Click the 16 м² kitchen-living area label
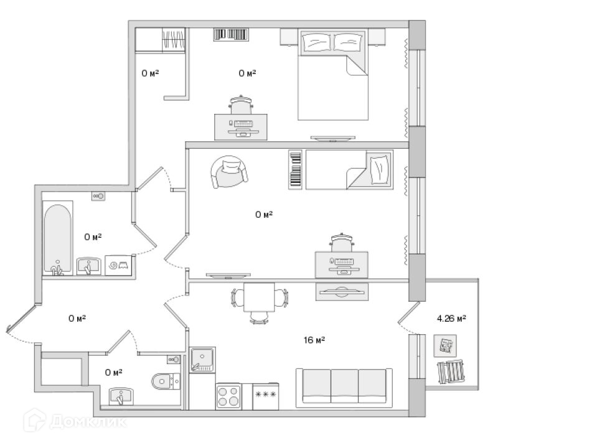(x=314, y=340)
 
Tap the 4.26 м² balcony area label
(x=451, y=319)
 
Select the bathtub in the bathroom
(x=57, y=238)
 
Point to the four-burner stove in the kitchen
(x=228, y=396)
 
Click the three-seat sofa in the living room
(x=344, y=386)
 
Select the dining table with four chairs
(x=259, y=299)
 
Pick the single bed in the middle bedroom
(x=349, y=169)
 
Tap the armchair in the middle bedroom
(x=228, y=171)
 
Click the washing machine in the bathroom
(x=119, y=265)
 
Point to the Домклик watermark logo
(x=75, y=421)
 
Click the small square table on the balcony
(x=446, y=346)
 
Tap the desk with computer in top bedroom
(x=242, y=126)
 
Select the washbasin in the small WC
(x=122, y=396)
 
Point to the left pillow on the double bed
(x=317, y=42)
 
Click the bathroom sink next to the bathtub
(x=89, y=266)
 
